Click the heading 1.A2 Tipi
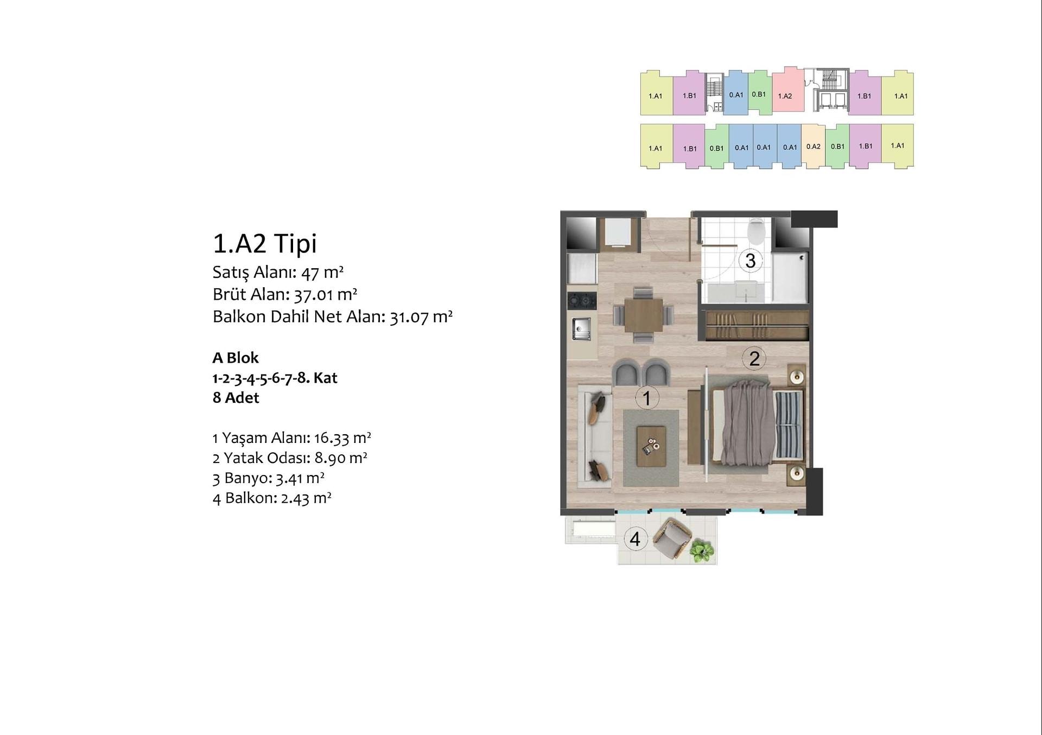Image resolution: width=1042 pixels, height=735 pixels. pos(264,243)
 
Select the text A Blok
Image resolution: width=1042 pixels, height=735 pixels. pos(236,358)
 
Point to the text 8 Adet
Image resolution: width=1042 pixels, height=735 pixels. pos(236,398)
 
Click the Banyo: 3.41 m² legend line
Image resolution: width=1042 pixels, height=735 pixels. pos(269,478)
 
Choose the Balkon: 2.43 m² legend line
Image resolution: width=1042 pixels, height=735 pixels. pos(272,498)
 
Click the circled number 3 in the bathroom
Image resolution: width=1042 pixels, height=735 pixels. pos(751,261)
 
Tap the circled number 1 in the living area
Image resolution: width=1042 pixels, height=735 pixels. pos(646,398)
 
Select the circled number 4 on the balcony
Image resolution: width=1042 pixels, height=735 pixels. pos(636,539)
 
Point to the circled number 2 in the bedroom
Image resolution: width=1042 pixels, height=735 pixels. pos(754,358)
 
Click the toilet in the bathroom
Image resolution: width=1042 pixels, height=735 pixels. pos(755,230)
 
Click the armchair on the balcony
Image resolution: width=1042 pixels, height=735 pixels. pos(672,538)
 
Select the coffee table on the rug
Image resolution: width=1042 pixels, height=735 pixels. pos(651,447)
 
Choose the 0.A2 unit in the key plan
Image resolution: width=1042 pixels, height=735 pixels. pos(813,147)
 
